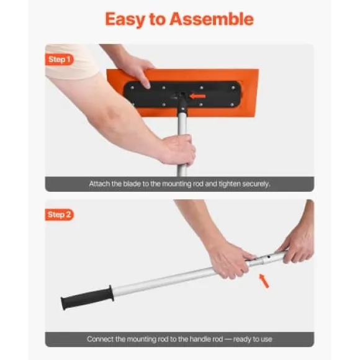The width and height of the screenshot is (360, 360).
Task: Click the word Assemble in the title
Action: point(212,19)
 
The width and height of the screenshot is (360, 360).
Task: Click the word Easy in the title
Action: point(125,20)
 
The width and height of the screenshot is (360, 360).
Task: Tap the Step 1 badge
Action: point(59,60)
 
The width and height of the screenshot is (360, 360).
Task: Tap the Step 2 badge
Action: point(59,215)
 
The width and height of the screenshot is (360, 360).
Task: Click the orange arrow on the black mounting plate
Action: point(197,96)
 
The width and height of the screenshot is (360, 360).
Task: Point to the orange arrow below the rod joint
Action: point(264,281)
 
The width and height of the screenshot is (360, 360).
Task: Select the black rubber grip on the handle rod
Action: point(88,298)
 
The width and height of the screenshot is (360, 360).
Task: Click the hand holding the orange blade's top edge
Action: point(135,71)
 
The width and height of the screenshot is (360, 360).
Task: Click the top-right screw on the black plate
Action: point(233,88)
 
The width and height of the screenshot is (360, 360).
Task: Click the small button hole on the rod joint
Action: point(268,257)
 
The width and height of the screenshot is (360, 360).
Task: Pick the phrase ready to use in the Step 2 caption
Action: point(253,340)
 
